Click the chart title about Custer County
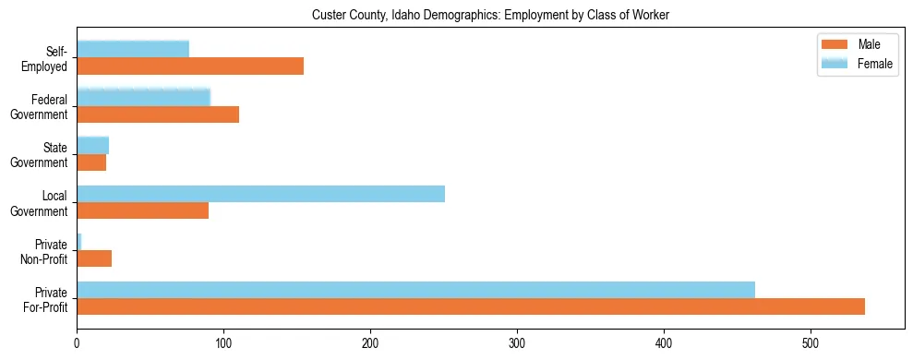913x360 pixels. pos(489,15)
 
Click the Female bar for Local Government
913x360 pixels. pos(260,194)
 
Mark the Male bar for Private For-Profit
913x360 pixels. pos(471,307)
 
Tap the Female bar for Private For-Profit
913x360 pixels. pos(415,290)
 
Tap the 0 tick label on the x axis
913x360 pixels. pos(77,342)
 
